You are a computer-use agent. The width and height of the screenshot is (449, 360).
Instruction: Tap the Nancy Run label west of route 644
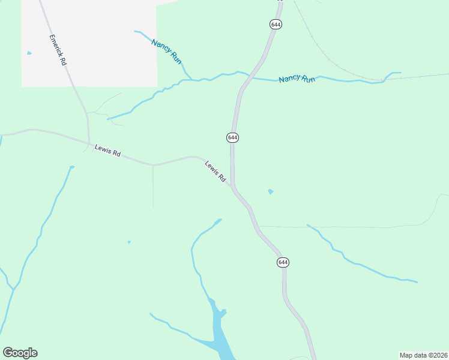(x=167, y=52)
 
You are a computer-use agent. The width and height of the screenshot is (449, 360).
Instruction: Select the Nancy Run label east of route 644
(x=297, y=79)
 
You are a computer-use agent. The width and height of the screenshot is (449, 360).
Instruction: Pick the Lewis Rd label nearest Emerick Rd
(x=107, y=150)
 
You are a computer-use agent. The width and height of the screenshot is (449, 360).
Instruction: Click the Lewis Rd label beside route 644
(x=214, y=171)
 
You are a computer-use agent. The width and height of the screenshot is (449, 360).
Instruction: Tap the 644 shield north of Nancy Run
(x=276, y=24)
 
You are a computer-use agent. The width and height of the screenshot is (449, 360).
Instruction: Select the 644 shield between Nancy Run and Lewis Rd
(x=233, y=137)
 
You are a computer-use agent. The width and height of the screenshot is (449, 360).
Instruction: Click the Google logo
(x=20, y=352)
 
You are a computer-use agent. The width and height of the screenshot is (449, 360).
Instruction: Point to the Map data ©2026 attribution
(x=423, y=355)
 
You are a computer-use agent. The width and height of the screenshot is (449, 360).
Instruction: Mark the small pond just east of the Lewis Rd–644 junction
(x=271, y=191)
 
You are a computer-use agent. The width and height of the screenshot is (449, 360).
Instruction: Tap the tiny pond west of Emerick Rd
(x=29, y=53)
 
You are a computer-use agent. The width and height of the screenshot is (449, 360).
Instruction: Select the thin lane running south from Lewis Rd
(x=153, y=186)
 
